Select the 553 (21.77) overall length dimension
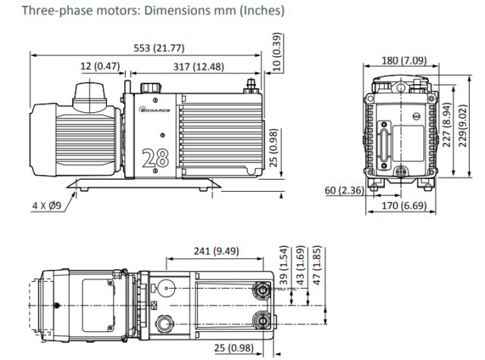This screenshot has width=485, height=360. point(154,48)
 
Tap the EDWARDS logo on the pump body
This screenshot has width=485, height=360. point(158,111)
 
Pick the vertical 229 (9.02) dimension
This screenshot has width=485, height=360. point(462,125)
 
